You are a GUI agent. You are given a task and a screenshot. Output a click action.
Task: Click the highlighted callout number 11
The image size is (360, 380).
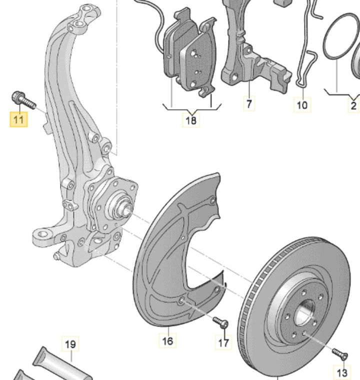pos(18,120)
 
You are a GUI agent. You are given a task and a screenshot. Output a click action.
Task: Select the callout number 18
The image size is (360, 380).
pos(191,120)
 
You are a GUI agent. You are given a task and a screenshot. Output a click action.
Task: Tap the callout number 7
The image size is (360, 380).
pos(249,104)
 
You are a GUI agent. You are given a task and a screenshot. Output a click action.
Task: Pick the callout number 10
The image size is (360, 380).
pos(302,105)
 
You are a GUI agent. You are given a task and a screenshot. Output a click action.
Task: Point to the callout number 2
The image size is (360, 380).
pos(353,105)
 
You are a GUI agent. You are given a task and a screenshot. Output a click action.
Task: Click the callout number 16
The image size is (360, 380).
pos(168,341)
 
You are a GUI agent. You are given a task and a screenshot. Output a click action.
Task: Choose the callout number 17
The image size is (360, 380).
pos(223,342)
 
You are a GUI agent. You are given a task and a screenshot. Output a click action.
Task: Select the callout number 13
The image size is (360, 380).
pos(341,372)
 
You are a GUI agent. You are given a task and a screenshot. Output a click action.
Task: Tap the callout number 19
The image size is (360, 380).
pos(70,344)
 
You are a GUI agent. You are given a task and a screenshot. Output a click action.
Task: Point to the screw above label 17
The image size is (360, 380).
pos(220,321)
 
